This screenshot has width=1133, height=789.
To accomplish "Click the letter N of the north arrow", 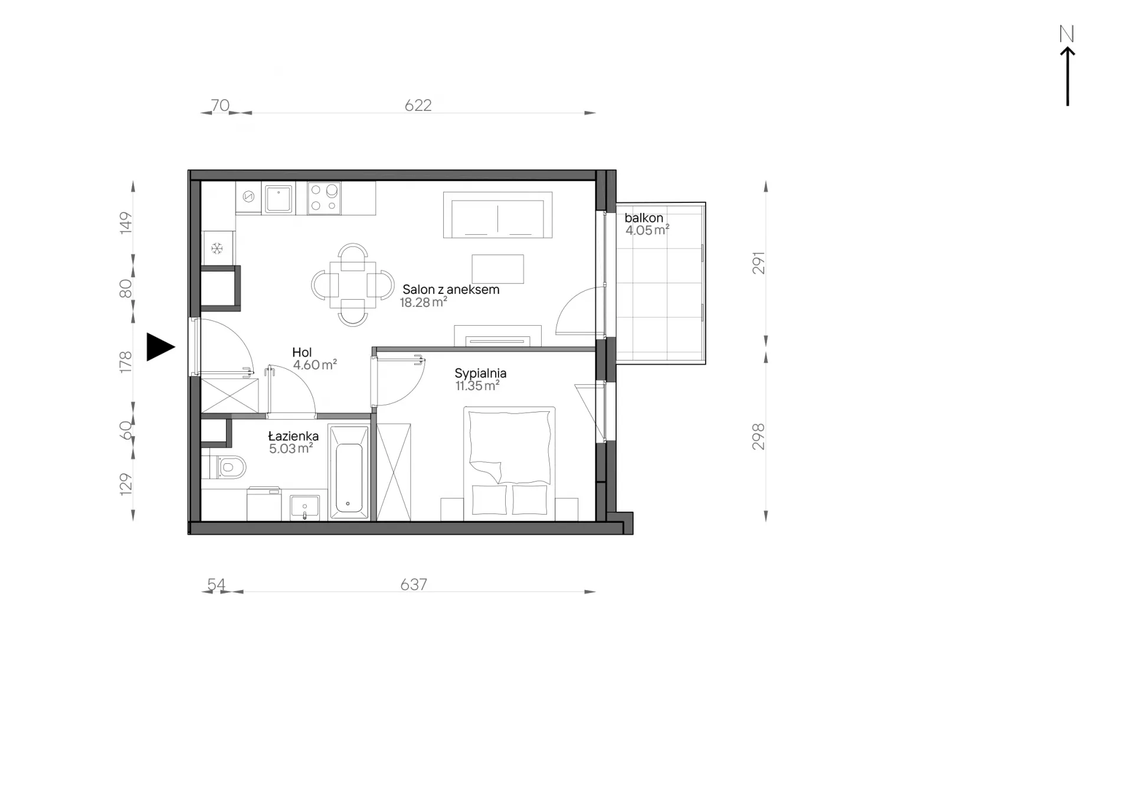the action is [x=1066, y=34].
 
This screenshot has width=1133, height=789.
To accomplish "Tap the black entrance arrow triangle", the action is [x=160, y=347].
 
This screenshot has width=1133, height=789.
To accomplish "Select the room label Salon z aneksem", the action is [x=451, y=290].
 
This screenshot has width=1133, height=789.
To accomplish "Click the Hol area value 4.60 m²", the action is [x=315, y=365].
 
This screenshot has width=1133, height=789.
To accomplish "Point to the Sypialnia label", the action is [x=480, y=374].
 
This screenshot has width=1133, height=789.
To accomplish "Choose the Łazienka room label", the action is [x=293, y=436].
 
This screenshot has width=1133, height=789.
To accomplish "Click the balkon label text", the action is [x=644, y=218].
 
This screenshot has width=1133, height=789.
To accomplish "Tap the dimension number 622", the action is [x=418, y=105].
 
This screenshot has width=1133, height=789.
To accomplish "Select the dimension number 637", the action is [x=414, y=584].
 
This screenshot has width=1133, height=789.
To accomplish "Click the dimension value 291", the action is [x=758, y=263].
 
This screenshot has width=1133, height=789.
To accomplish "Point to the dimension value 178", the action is [x=126, y=362].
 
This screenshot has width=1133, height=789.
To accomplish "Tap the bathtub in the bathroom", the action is [x=349, y=473].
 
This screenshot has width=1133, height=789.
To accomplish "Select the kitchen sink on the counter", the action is [x=278, y=199].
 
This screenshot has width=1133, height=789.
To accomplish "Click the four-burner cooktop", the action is [x=324, y=198].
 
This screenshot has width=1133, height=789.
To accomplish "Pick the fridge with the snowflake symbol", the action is [x=218, y=248].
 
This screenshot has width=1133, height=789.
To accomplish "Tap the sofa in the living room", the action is [x=498, y=215].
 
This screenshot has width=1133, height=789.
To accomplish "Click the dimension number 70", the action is [x=220, y=105].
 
